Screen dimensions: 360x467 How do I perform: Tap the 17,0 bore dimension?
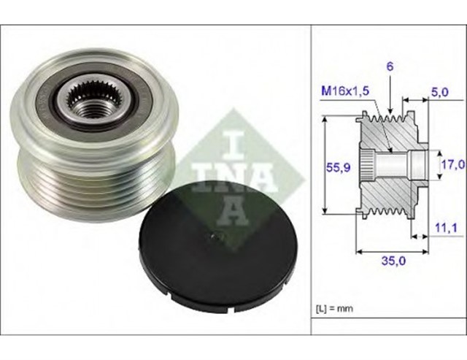click(452, 166)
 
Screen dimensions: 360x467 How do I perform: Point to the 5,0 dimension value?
click(440, 93)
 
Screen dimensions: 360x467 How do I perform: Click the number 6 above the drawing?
click(390, 66)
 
